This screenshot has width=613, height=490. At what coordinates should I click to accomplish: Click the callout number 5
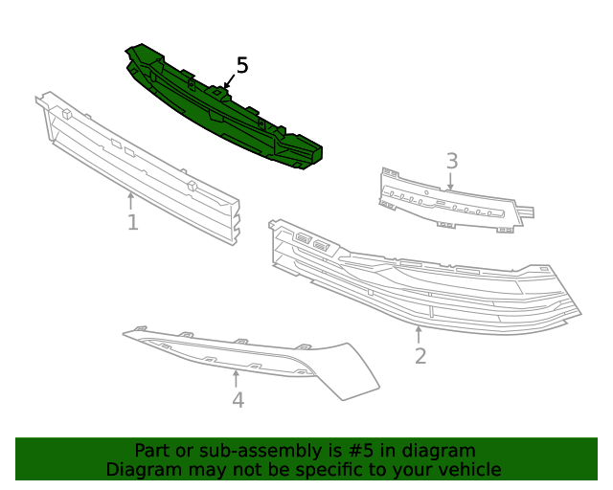[242, 65]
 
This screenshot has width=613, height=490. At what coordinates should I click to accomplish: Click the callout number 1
[133, 222]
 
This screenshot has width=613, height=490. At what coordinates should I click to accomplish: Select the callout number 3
[452, 161]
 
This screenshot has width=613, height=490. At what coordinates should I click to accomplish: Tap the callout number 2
[420, 356]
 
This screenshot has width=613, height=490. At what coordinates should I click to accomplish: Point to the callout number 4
[238, 400]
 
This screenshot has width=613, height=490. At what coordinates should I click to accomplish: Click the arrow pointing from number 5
[230, 81]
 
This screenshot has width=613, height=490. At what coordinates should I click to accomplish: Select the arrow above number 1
[130, 200]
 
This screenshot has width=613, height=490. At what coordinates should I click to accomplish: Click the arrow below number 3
[450, 181]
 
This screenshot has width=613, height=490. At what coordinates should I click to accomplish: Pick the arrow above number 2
[419, 335]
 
